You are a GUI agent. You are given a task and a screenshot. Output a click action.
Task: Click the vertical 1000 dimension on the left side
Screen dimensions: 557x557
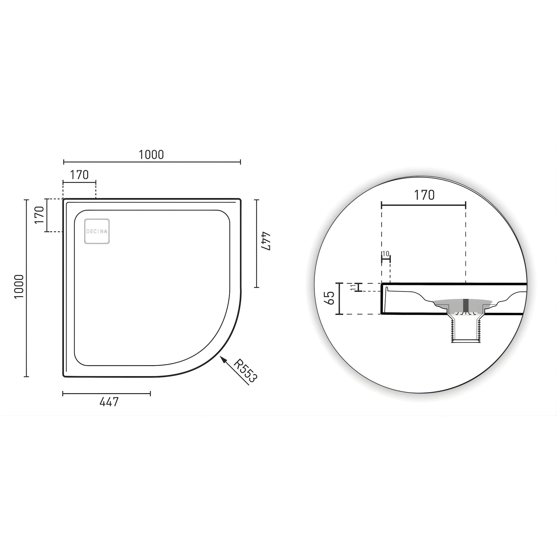19,287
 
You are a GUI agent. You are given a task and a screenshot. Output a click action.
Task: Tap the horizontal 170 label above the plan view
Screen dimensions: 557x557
79,175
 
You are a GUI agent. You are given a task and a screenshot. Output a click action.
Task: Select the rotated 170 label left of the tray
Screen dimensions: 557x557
39,215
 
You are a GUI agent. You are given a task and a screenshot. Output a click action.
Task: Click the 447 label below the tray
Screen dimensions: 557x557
109,402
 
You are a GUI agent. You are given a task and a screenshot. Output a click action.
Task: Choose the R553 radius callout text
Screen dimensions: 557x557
245,371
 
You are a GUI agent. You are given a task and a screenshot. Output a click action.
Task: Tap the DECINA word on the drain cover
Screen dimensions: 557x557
97,231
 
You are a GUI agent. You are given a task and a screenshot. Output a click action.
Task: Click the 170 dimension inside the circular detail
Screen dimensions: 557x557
424,196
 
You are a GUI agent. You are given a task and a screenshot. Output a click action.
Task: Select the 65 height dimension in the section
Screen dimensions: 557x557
329,298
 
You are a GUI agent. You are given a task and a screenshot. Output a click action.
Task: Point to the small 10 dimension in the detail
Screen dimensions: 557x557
386,254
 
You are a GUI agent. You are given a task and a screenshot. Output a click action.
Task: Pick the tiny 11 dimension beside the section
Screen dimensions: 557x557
353,287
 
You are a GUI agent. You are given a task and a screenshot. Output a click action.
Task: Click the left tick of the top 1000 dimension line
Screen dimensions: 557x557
64,162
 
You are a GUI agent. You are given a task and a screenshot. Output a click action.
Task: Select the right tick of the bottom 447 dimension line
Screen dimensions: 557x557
150,393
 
